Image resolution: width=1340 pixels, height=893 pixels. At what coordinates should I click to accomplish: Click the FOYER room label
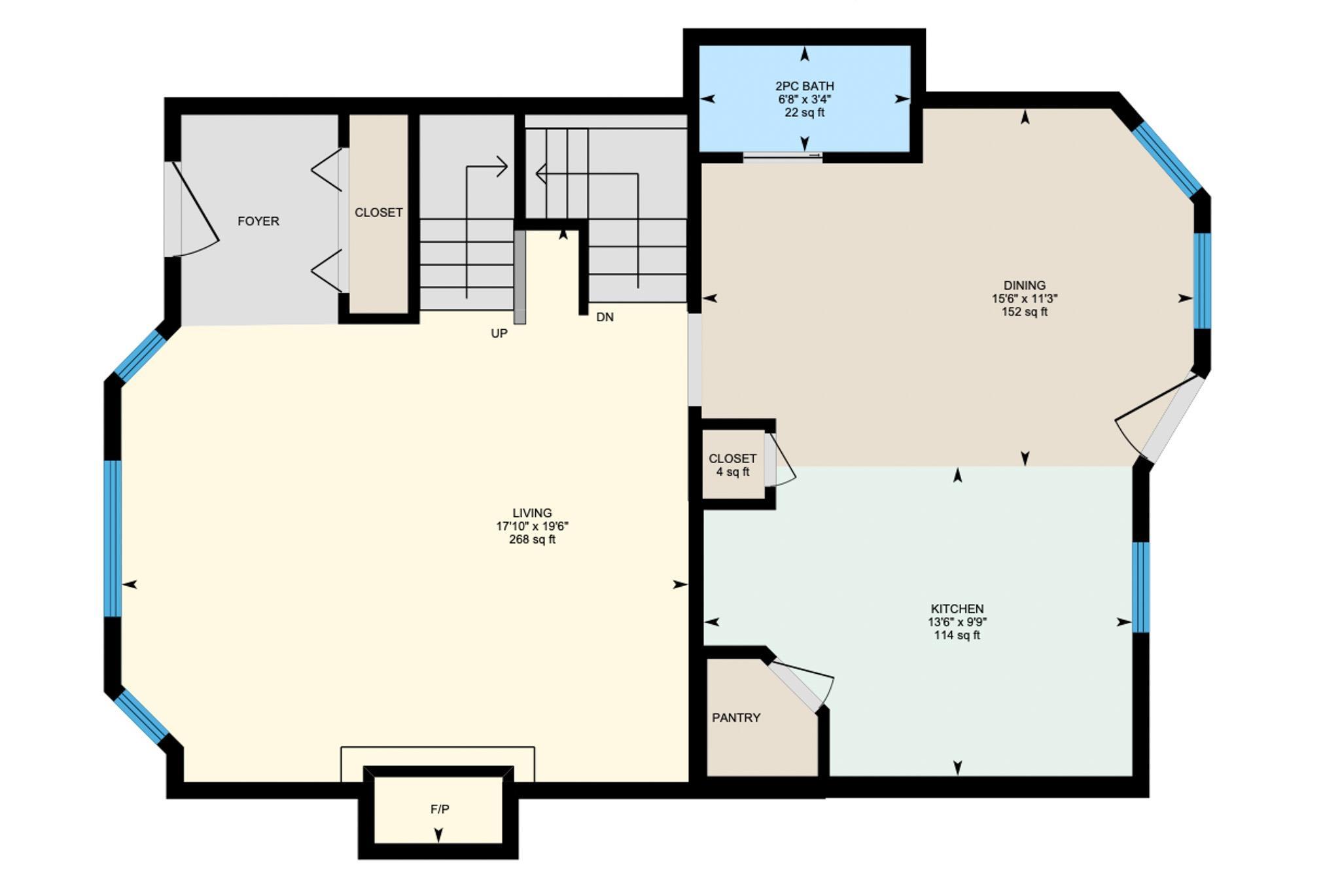click(258, 221)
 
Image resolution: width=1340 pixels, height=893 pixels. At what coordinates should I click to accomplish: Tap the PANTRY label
click(736, 718)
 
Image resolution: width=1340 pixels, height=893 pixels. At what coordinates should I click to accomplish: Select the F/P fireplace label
click(440, 809)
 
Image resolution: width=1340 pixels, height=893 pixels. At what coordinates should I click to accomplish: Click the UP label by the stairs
click(499, 334)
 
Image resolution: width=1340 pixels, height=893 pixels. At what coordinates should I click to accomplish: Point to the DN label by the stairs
click(605, 317)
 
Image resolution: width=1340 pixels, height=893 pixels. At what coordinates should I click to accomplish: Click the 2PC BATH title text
click(805, 86)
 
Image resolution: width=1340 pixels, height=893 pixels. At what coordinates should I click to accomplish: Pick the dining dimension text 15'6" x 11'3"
click(1025, 298)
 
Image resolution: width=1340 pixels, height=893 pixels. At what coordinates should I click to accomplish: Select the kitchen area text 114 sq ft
click(957, 635)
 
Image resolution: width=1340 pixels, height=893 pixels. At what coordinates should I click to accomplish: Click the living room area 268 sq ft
click(533, 540)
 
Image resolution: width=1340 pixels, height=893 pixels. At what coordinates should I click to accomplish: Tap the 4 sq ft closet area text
click(733, 472)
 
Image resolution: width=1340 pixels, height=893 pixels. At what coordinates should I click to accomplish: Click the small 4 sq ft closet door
click(781, 460)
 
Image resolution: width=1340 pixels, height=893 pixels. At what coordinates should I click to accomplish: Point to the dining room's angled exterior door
click(1159, 418)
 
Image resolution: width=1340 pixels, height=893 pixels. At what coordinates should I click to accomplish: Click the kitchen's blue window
click(1140, 587)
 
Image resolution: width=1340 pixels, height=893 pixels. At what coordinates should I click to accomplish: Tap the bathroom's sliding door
click(783, 156)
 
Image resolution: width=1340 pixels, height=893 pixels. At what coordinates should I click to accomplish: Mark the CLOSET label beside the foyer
click(378, 213)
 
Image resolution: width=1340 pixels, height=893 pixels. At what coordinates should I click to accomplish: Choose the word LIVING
click(532, 513)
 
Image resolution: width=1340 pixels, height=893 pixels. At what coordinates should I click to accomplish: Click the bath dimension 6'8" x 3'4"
click(805, 99)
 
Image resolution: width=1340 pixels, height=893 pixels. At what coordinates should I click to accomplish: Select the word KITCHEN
click(957, 608)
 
